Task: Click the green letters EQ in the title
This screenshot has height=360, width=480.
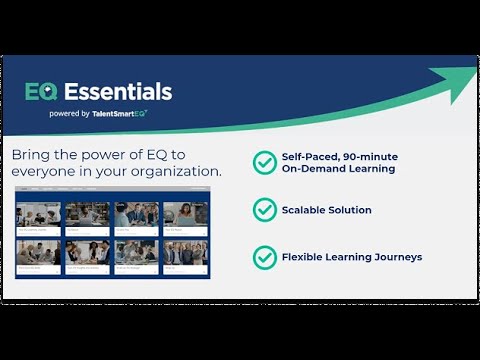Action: (42, 92)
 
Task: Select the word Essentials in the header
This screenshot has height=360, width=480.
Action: (118, 92)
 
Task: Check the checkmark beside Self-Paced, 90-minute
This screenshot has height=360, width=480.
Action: (264, 162)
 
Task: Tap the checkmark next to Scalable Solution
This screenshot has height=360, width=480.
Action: (264, 210)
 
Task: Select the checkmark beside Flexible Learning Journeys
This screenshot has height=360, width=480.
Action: (264, 257)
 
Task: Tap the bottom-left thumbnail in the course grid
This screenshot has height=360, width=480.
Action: (38, 254)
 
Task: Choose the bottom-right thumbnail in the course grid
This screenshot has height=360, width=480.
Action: (185, 254)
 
